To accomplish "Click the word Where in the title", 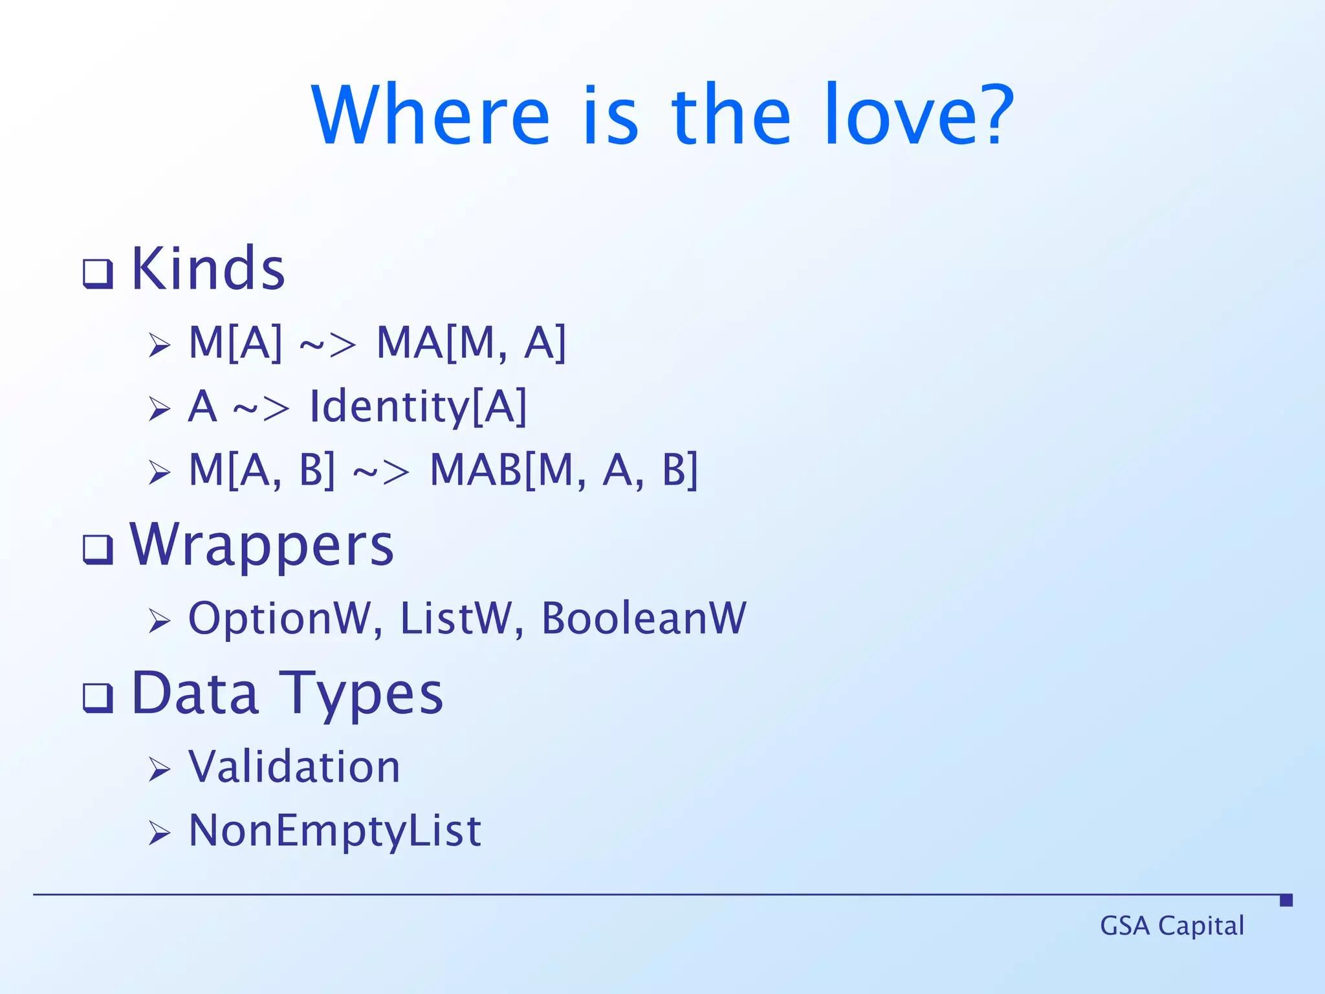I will point(430,115).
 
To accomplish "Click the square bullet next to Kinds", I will point(98,274).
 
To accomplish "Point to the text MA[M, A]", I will point(471,342).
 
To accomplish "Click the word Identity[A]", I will point(419,406).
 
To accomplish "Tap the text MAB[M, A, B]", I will point(564,470).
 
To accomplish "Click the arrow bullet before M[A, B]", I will point(159,472).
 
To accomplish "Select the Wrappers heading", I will point(261,545).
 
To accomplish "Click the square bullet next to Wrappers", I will point(98,549).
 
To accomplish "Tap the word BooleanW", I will point(644,619).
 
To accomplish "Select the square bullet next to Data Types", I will point(98,698).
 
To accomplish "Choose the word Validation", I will point(294,767).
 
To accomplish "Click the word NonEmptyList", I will point(334,831).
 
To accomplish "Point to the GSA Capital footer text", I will point(1172,926).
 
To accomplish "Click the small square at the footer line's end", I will point(1286,900).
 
